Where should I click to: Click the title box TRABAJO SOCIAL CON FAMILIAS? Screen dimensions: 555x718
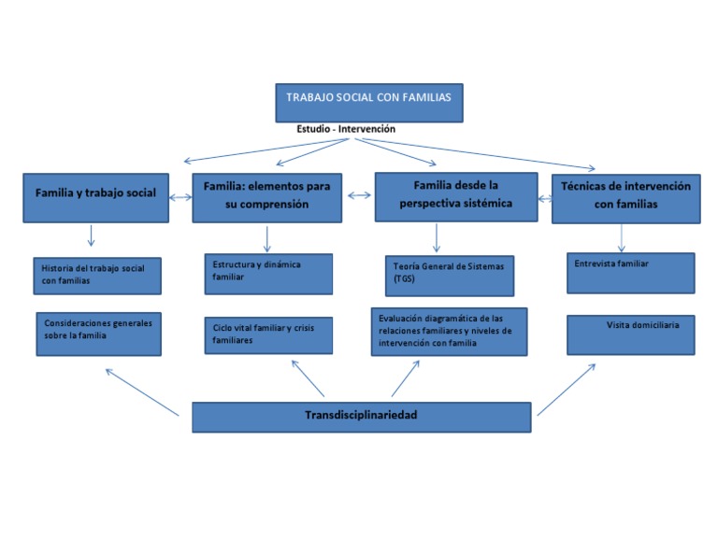[x=368, y=102]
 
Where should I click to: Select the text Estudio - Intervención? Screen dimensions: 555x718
[x=346, y=129]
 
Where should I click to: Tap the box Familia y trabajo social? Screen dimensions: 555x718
[x=95, y=196]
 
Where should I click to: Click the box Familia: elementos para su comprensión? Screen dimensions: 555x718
[x=266, y=196]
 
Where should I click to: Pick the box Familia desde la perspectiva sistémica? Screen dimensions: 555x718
[x=455, y=196]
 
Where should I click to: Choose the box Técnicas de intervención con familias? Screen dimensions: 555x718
[x=625, y=196]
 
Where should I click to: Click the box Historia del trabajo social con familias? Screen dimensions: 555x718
[x=97, y=275]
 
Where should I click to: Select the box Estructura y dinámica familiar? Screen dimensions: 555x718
[x=267, y=273]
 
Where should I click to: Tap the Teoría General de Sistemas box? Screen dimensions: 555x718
[x=450, y=274]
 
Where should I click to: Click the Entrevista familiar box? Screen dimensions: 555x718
[x=630, y=272]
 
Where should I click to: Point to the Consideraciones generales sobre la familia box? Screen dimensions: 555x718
[x=98, y=333]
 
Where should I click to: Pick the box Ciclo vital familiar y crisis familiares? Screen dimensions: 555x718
[x=267, y=334]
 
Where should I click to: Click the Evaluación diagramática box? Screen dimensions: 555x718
[x=448, y=331]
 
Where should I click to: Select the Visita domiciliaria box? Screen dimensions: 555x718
[x=630, y=334]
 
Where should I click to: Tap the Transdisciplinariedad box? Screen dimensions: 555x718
[x=362, y=416]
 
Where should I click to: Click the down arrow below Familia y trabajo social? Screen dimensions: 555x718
[x=91, y=235]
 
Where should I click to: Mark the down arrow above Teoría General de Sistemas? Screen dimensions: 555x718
[x=437, y=237]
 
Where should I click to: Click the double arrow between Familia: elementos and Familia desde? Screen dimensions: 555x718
[x=358, y=195]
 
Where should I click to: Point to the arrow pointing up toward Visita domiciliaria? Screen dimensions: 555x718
[x=567, y=389]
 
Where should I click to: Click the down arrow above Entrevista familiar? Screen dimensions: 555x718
[x=622, y=237]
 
